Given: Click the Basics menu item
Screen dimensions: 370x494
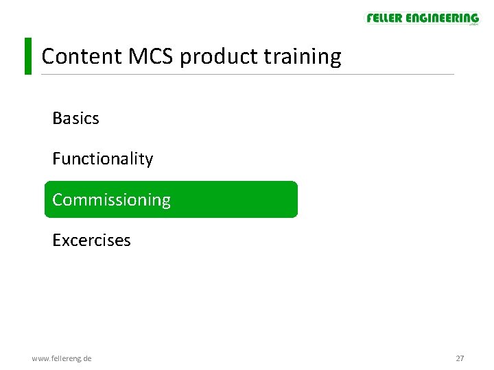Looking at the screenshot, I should pyautogui.click(x=75, y=119).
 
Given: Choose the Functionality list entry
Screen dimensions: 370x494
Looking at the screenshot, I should pyautogui.click(x=102, y=159).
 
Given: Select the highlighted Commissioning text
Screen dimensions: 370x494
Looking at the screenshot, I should pyautogui.click(x=111, y=200).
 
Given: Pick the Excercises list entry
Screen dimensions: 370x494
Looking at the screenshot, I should pyautogui.click(x=91, y=241).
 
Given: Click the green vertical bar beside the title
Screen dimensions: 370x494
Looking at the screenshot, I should pyautogui.click(x=28, y=56).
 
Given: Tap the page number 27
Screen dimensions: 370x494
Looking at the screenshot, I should pyautogui.click(x=460, y=358).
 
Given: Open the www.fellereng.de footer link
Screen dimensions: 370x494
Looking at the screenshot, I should pyautogui.click(x=62, y=358).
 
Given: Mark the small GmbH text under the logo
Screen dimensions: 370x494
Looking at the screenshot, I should pyautogui.click(x=473, y=25).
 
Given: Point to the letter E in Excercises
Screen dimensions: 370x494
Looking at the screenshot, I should pyautogui.click(x=56, y=241).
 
